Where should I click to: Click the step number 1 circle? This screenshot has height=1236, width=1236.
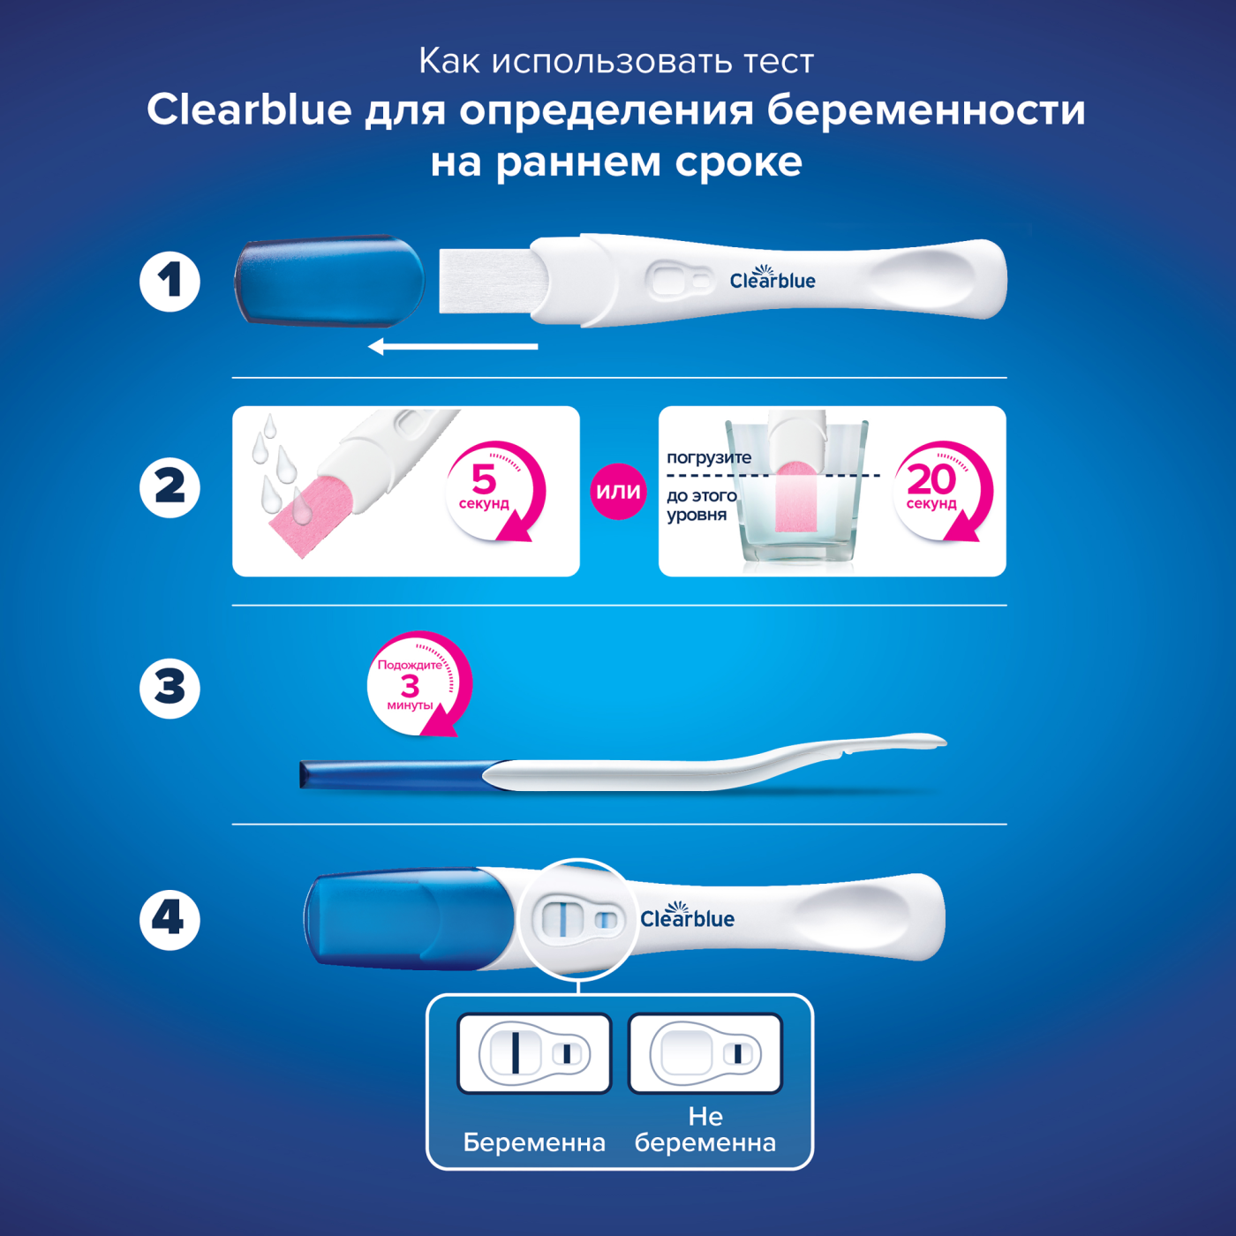[x=170, y=282]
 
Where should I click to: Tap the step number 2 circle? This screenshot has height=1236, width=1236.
[x=170, y=487]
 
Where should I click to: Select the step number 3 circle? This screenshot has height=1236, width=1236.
[x=170, y=689]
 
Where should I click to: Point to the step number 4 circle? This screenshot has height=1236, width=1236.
[x=170, y=920]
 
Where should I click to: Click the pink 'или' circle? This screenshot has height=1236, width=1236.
[x=618, y=492]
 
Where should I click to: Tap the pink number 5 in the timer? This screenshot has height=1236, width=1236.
[x=485, y=479]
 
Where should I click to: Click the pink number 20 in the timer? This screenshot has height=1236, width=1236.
[x=931, y=479]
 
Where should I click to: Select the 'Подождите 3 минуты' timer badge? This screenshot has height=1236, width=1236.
[x=418, y=683]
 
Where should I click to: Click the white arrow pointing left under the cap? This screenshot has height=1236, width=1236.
[x=453, y=347]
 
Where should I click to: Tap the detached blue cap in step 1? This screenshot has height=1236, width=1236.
[x=329, y=281]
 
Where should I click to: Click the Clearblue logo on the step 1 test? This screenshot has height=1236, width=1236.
[x=772, y=278]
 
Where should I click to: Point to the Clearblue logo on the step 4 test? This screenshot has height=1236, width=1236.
[x=687, y=916]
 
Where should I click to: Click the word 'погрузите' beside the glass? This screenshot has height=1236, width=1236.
[x=709, y=458]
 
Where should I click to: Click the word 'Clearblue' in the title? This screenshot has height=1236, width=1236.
[x=249, y=109]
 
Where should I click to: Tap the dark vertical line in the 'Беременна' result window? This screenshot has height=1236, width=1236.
[x=515, y=1053]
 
